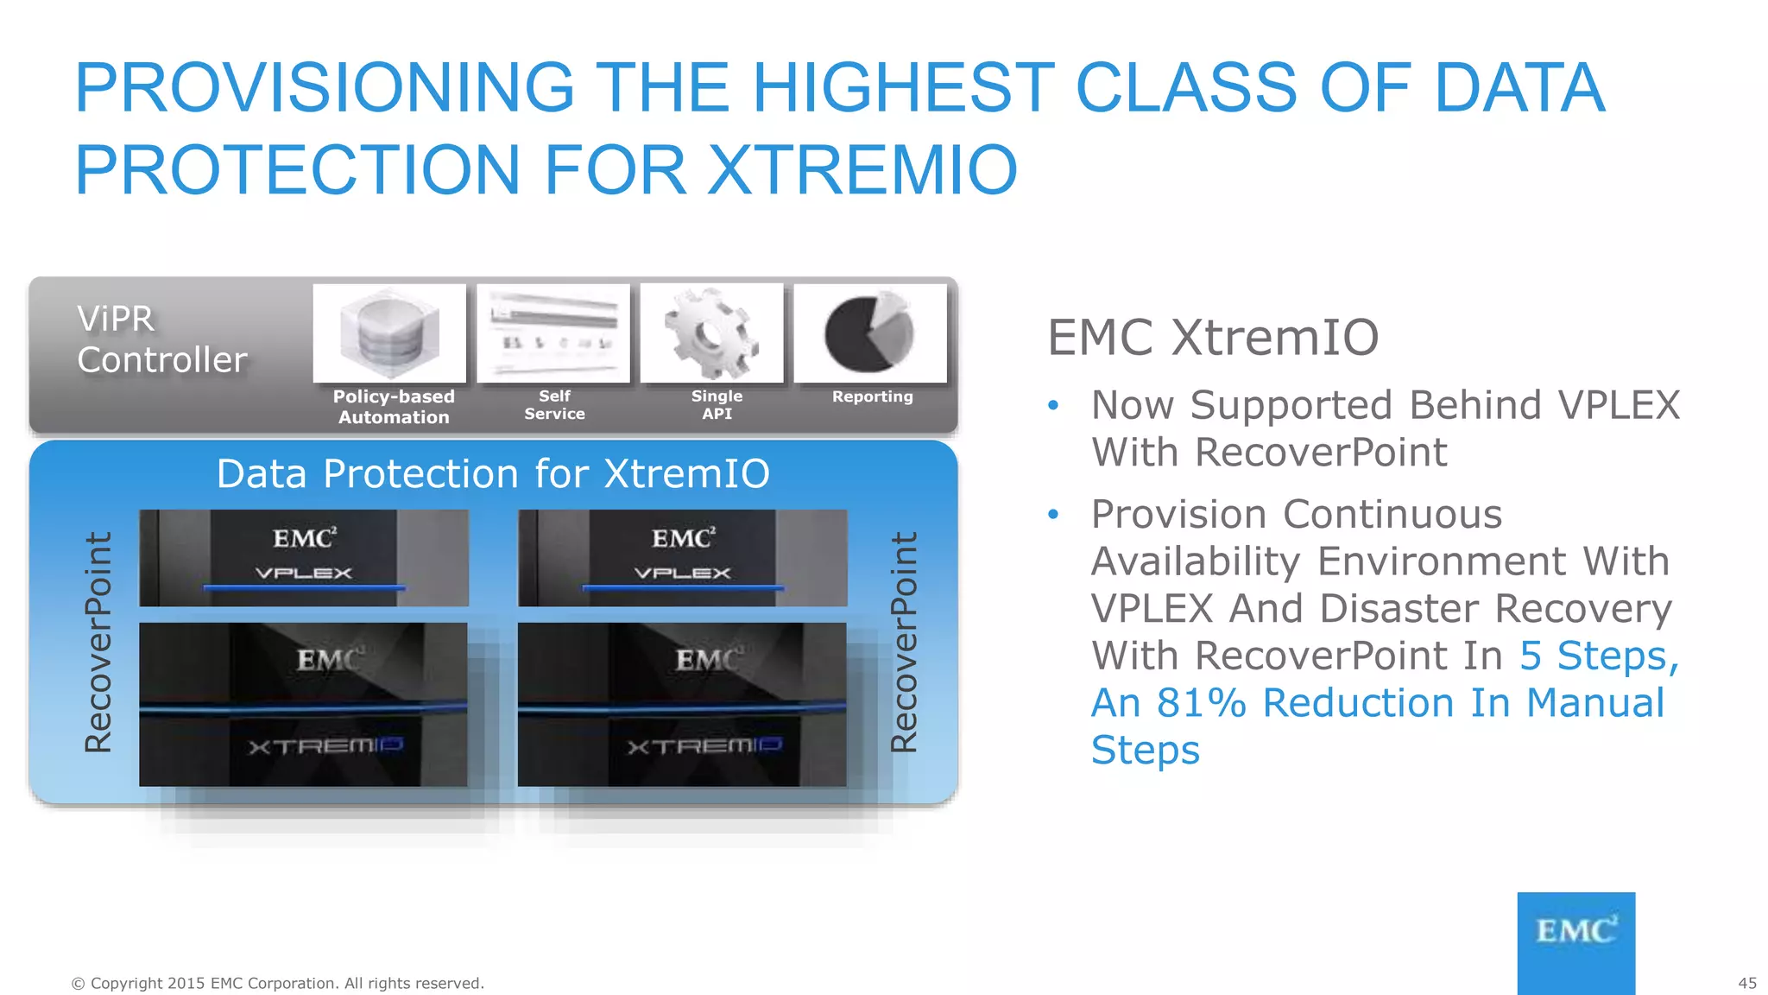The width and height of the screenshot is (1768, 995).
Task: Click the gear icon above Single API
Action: click(711, 334)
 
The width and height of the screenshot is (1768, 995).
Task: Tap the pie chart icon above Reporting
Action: click(869, 333)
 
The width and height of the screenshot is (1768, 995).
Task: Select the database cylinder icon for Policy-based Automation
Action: click(389, 334)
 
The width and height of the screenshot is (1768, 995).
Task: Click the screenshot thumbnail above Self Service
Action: click(553, 333)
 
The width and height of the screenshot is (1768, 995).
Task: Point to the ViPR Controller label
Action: click(161, 339)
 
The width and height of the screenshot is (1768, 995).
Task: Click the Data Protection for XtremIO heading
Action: click(493, 473)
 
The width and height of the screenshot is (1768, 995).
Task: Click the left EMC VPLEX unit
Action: click(304, 557)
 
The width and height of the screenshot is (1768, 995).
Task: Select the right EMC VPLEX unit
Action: click(682, 557)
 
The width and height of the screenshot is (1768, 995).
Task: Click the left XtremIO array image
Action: click(303, 704)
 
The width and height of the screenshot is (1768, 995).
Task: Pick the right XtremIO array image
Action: click(682, 704)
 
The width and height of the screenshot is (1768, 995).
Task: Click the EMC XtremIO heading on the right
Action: click(1213, 337)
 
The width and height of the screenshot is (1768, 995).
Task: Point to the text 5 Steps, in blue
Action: click(1599, 656)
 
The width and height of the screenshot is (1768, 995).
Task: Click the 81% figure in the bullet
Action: click(1201, 703)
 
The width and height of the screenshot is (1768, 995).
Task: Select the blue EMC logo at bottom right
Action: click(1575, 941)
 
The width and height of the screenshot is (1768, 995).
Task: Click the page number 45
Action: click(1746, 983)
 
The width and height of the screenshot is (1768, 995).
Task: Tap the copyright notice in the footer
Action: click(277, 983)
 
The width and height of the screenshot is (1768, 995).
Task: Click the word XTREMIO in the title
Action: click(862, 169)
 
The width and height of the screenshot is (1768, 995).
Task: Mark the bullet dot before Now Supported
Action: click(1052, 405)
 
